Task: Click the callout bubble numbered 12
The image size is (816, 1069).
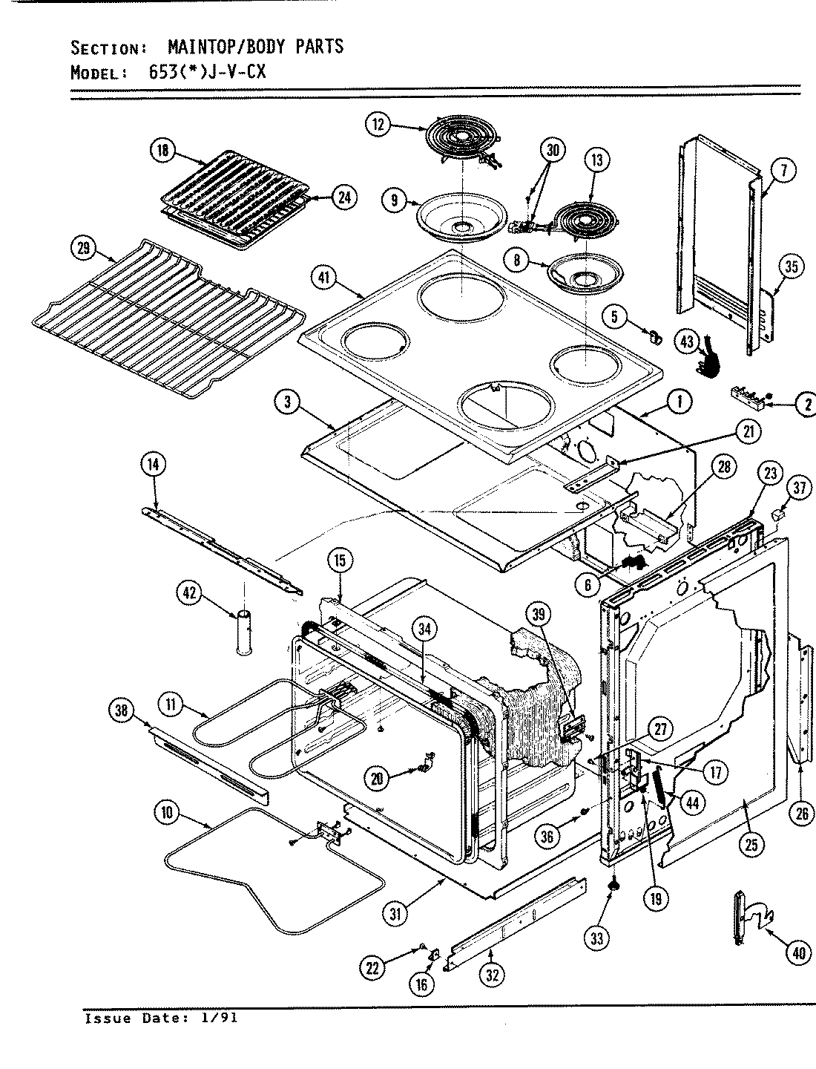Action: (x=378, y=125)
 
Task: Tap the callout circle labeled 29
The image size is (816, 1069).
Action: (x=84, y=249)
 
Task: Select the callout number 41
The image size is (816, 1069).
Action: (x=325, y=279)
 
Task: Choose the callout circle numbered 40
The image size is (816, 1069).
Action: (x=798, y=952)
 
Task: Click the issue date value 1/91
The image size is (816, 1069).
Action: (x=220, y=1018)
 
